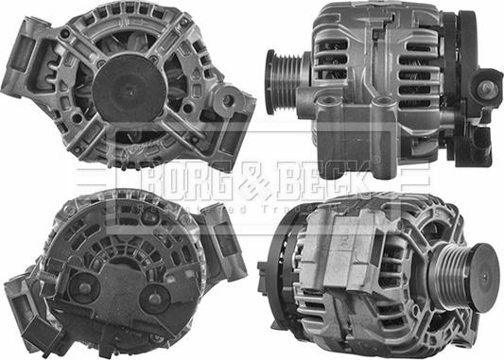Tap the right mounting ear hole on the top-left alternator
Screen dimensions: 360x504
click(x=227, y=100)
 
